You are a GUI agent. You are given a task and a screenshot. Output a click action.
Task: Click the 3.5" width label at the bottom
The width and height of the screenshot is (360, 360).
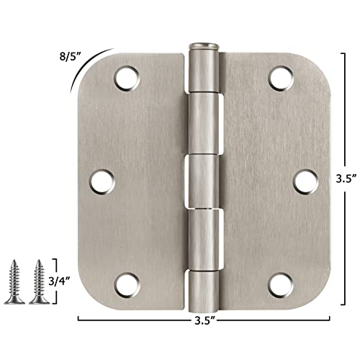206,316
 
